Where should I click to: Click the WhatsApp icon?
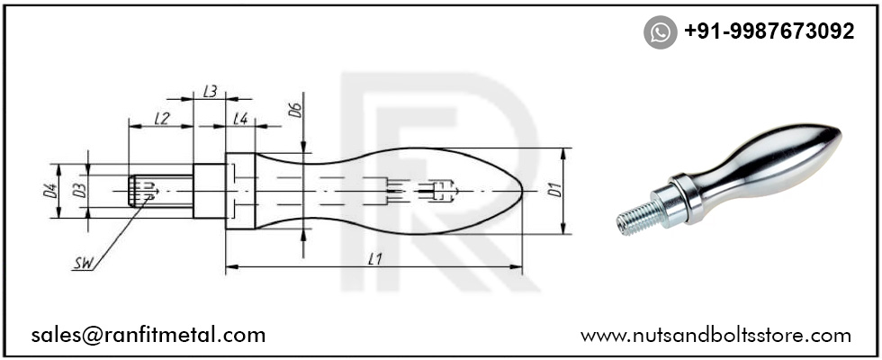(x=661, y=32)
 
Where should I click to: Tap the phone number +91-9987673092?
(x=769, y=31)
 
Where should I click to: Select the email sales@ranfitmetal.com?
(x=148, y=335)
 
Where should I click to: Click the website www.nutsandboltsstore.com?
(x=715, y=335)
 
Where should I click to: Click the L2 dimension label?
(x=162, y=118)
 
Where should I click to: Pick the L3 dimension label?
(x=210, y=91)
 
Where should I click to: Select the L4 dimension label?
(x=240, y=118)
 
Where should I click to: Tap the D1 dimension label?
(x=555, y=190)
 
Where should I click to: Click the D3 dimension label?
(x=79, y=190)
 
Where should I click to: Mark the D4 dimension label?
(x=51, y=190)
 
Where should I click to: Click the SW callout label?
(x=84, y=264)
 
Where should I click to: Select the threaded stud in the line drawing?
(x=162, y=190)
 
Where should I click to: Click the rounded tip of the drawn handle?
(x=517, y=190)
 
